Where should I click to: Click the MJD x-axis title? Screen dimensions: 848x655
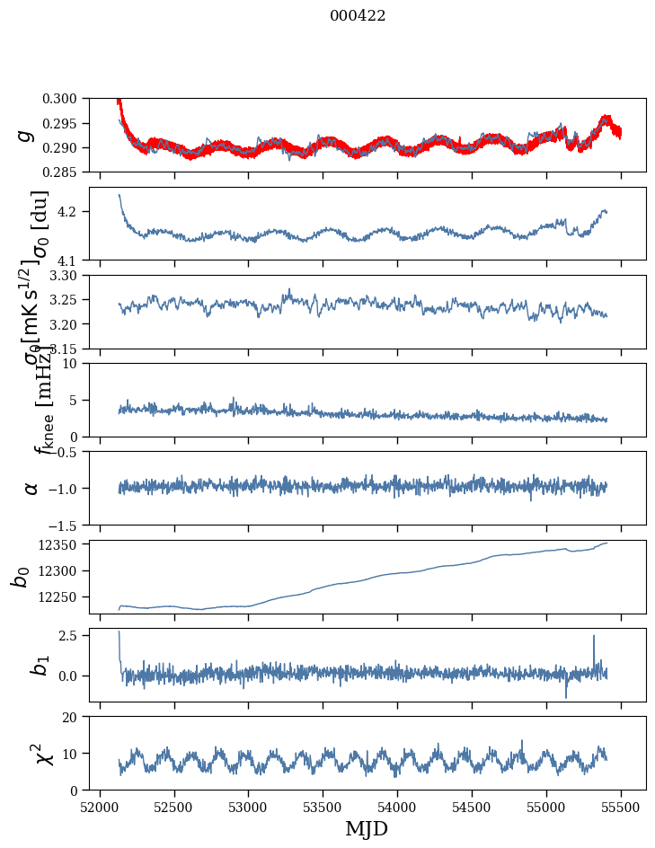point(367,828)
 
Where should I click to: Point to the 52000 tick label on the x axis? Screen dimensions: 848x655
point(100,807)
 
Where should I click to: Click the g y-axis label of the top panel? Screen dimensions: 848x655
point(26,135)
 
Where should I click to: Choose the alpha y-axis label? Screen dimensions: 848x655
point(31,488)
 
